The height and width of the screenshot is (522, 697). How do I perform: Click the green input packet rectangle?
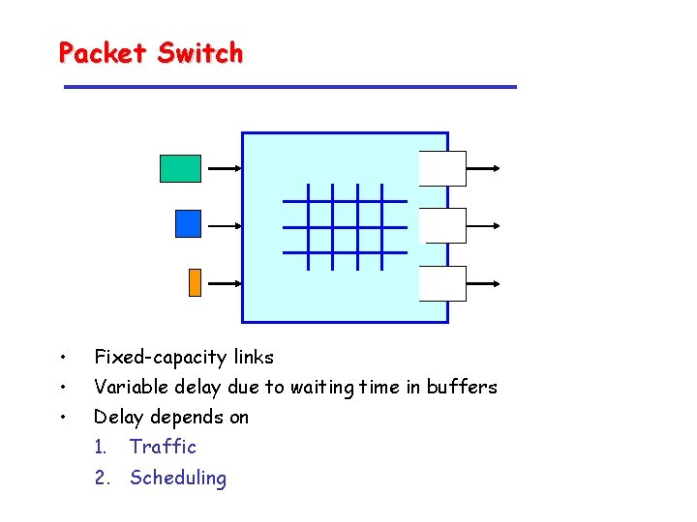pyautogui.click(x=180, y=168)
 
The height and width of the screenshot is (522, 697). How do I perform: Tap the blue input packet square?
pyautogui.click(x=188, y=224)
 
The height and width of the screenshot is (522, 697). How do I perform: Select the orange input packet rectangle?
pyautogui.click(x=194, y=281)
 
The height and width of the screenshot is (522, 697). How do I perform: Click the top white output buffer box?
pyautogui.click(x=442, y=168)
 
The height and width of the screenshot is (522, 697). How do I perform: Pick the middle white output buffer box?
pyautogui.click(x=445, y=225)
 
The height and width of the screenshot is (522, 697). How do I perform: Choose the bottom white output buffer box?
pyautogui.click(x=442, y=283)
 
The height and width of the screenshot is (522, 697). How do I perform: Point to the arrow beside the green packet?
pyautogui.click(x=224, y=168)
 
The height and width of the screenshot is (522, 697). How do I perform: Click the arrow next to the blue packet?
pyautogui.click(x=224, y=226)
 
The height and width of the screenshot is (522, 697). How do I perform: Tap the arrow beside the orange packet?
pyautogui.click(x=224, y=284)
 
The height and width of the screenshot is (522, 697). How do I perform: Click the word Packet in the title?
pyautogui.click(x=101, y=52)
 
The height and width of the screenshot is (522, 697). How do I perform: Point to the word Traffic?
pyautogui.click(x=163, y=447)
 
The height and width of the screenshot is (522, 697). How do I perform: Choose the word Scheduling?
pyautogui.click(x=178, y=478)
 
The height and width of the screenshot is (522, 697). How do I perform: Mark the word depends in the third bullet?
pyautogui.click(x=185, y=418)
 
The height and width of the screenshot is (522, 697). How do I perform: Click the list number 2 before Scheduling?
pyautogui.click(x=99, y=478)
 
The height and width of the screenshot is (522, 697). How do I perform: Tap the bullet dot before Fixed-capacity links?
pyautogui.click(x=61, y=358)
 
